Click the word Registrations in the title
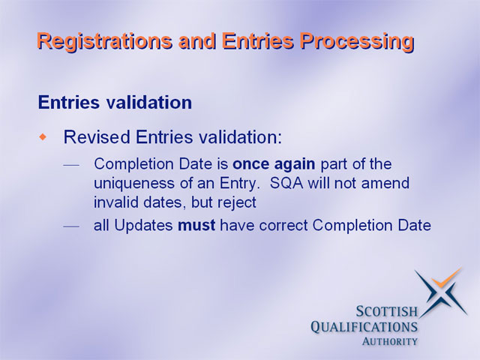[105, 41]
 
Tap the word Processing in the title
[357, 42]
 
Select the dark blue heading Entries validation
[115, 102]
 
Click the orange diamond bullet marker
[43, 136]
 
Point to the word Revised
[97, 136]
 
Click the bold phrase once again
[274, 164]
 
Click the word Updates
[143, 226]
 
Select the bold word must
[196, 226]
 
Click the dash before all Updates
[71, 226]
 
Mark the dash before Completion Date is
[71, 165]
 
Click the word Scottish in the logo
[387, 312]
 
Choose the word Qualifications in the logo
[364, 327]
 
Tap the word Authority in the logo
[390, 341]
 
